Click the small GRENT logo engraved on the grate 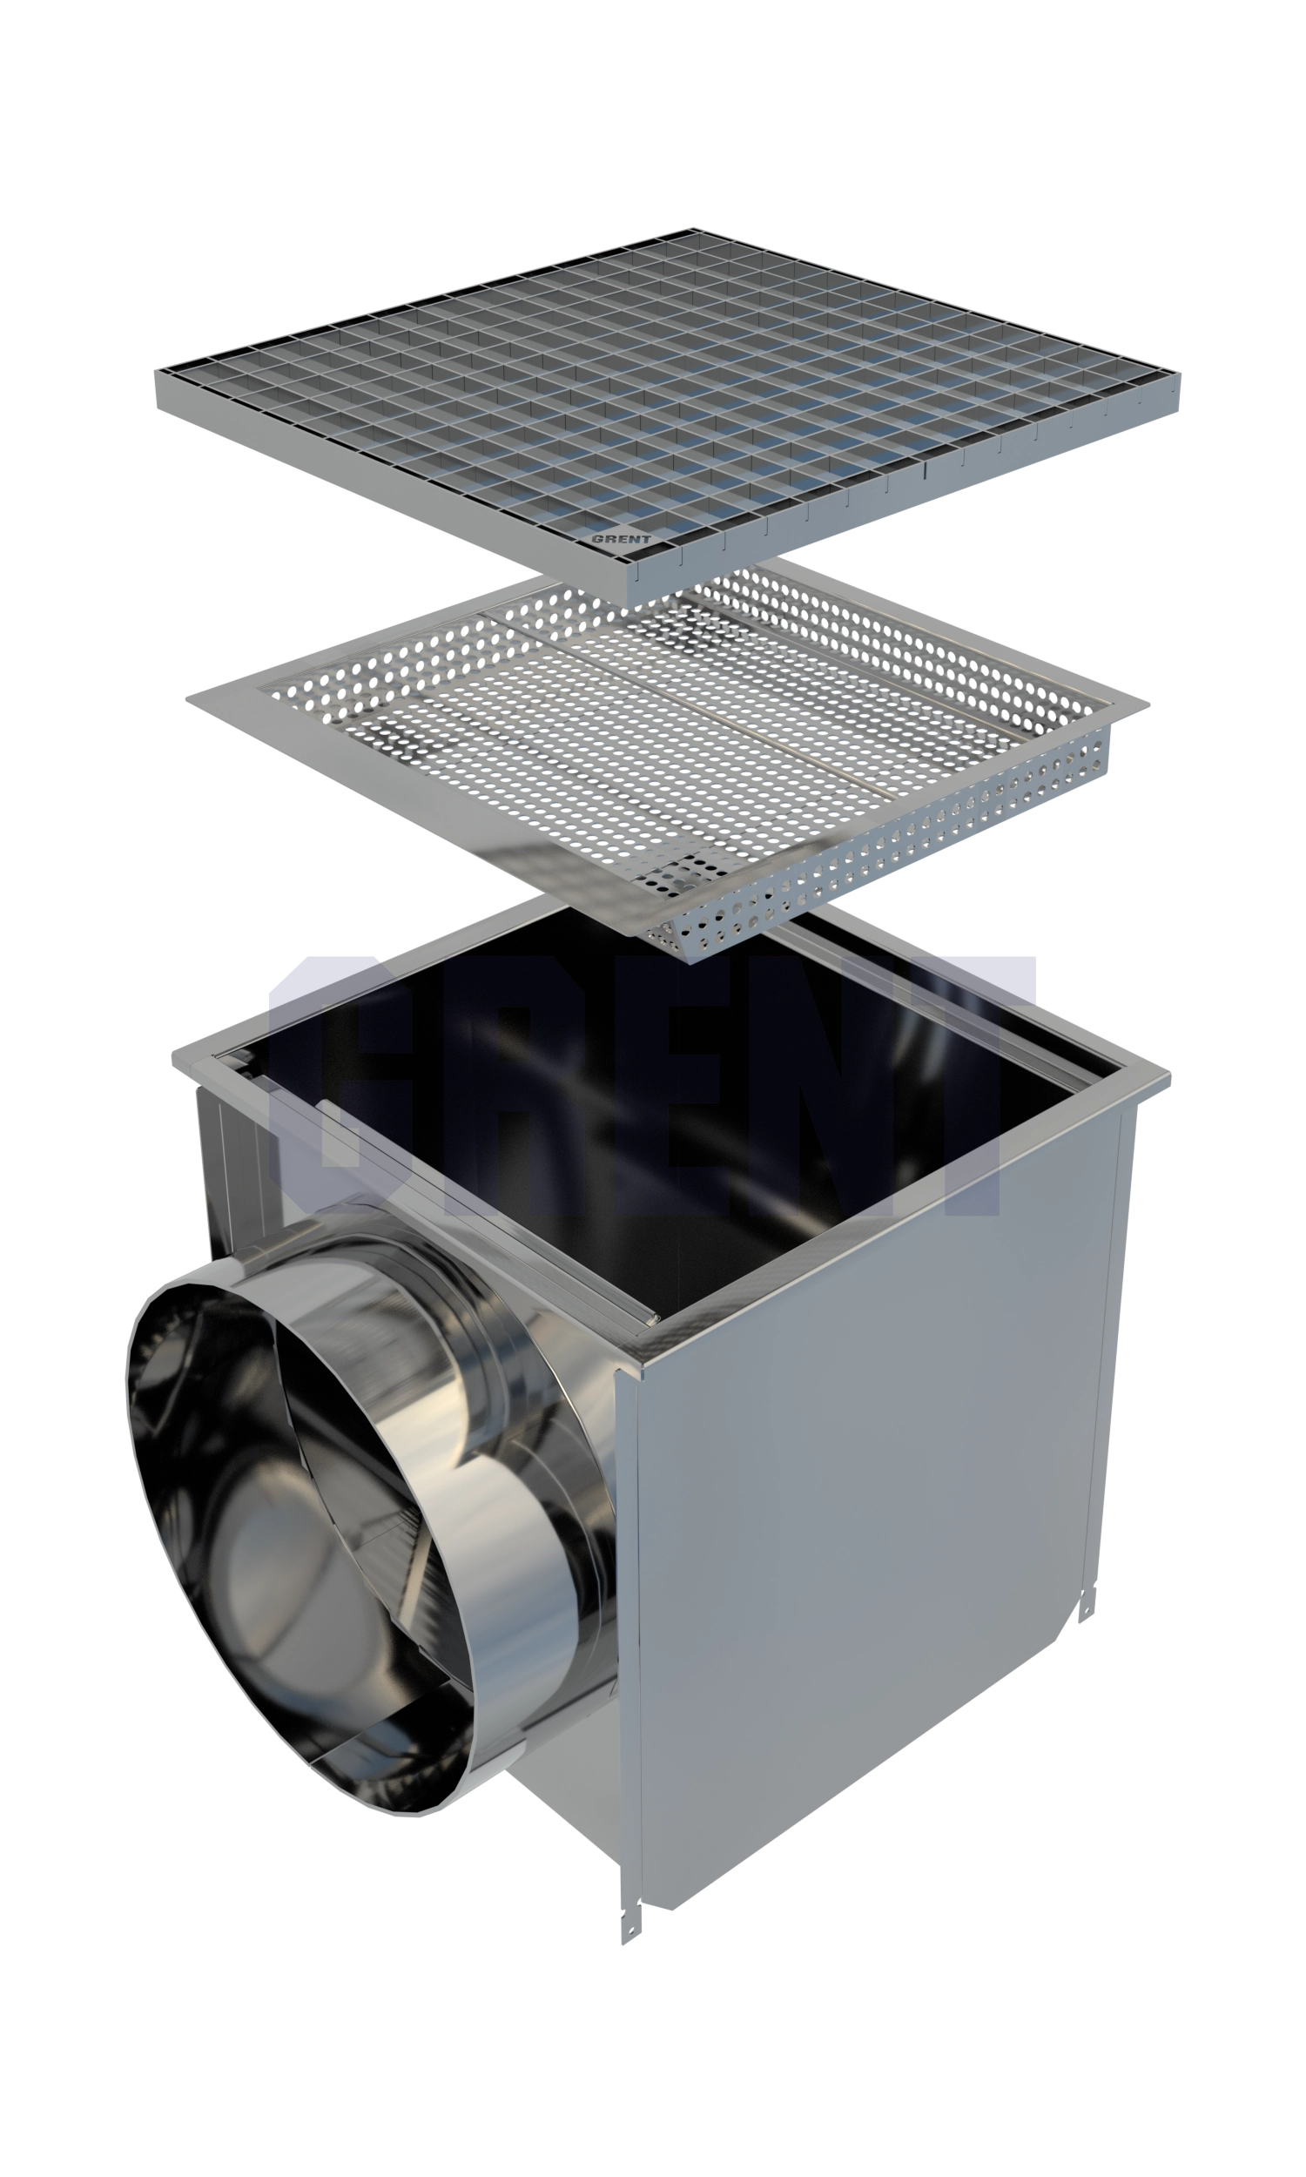click(622, 538)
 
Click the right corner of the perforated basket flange click(1148, 703)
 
